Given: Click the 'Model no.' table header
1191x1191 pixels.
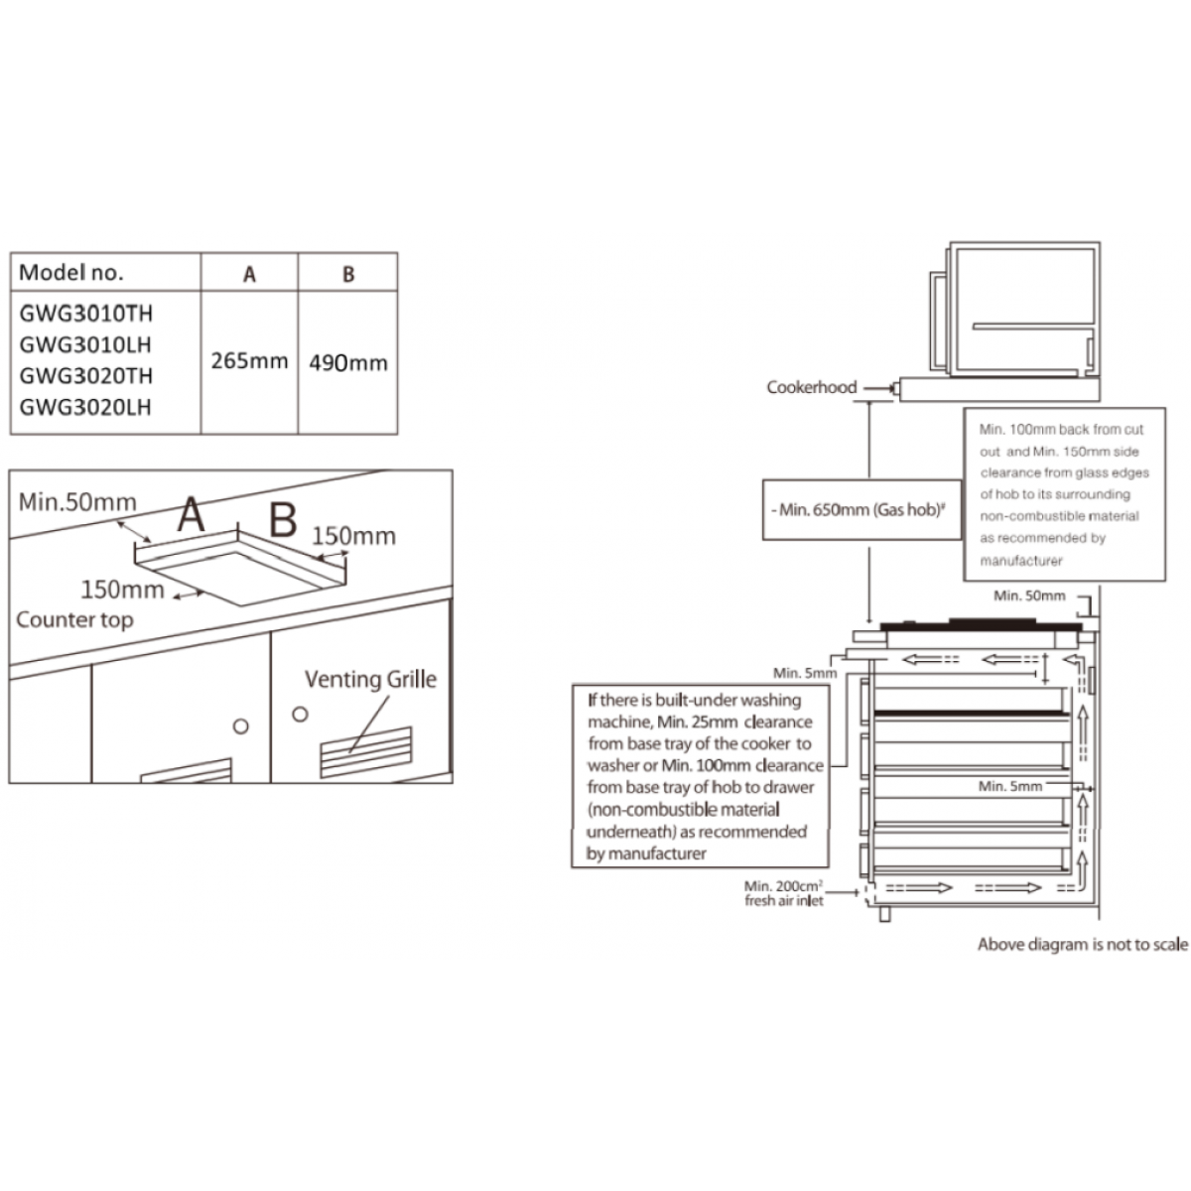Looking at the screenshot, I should coord(72,273).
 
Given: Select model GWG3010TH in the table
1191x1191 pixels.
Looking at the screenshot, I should coord(86,315).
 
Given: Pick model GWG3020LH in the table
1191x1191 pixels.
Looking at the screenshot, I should coord(86,407).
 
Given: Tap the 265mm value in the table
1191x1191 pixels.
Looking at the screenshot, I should coord(249,360).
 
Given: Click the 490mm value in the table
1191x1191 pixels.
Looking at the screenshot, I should coord(347,362).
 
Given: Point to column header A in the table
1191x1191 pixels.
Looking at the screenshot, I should coord(249,274).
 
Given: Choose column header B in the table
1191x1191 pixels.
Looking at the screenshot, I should coord(347,274).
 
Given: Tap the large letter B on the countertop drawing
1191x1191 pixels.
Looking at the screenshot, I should coord(284,518).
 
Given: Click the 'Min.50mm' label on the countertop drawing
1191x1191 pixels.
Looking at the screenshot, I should coord(77,502).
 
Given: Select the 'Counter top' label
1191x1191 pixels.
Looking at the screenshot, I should coord(74,620).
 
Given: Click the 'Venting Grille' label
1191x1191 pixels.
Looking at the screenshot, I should coord(370,680).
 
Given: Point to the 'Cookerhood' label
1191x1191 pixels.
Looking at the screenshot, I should coord(811,387).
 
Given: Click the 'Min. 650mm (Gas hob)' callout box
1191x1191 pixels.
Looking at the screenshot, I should coord(861,509).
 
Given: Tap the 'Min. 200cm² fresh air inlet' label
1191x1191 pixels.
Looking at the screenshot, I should coord(784,893).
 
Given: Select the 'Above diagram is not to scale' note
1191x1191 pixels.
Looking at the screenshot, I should coord(1082,945).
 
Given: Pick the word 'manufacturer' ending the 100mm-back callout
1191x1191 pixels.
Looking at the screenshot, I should coord(1021,560).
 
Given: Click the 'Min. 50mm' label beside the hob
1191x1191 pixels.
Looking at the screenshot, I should coord(1029,595).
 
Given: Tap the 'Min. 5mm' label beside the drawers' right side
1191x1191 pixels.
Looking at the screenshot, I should coord(1010,786).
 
